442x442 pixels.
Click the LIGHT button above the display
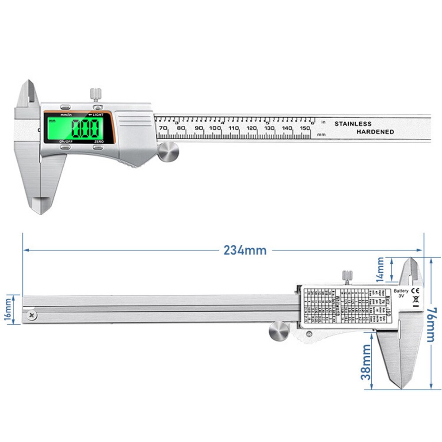pos(98,107)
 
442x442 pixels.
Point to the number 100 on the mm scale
pos(215,128)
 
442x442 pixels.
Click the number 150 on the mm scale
pos(305,128)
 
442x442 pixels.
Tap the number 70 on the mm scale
pos(163,128)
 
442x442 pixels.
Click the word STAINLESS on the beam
pos(353,124)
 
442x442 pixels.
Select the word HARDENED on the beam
pos(375,132)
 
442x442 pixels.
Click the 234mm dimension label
pos(245,250)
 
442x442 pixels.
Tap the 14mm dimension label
pos(381,269)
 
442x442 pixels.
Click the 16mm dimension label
pos(8,309)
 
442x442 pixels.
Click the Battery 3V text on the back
pos(401,294)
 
